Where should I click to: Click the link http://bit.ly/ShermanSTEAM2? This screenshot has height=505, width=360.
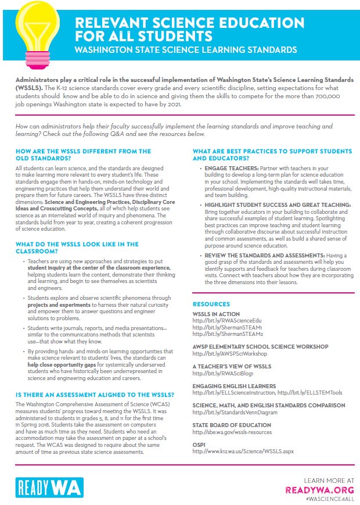point(225,334)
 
